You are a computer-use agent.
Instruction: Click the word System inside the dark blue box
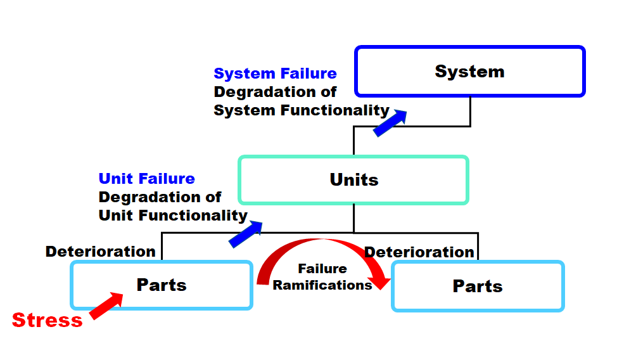tap(469, 71)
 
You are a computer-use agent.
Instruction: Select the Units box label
tap(354, 180)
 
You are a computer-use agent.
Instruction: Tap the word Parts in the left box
tap(162, 285)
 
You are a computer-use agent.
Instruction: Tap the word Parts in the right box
tap(478, 286)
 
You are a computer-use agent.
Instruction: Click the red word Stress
tap(47, 320)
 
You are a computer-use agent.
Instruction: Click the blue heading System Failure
tap(275, 74)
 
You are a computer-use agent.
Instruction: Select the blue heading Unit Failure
tap(147, 179)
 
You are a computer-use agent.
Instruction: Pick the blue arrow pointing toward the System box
tap(390, 122)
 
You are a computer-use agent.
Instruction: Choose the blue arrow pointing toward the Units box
tap(245, 234)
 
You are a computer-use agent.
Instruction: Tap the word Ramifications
tap(322, 285)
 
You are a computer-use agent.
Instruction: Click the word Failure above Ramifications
tap(322, 269)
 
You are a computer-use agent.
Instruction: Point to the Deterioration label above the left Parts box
tap(100, 252)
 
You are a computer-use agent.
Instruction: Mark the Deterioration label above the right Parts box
tap(419, 252)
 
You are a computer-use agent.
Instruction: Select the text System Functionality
tap(302, 110)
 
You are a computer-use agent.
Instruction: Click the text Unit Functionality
tap(173, 215)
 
